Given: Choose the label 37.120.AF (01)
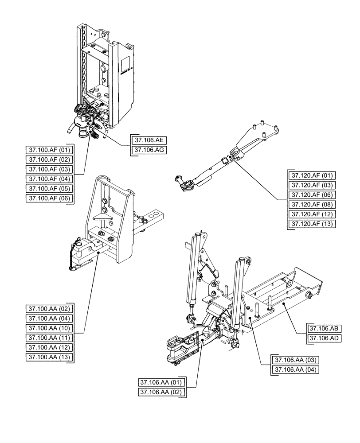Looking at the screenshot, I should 312,175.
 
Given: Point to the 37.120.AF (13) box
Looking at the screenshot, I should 312,224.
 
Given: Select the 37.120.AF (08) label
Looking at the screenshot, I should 312,204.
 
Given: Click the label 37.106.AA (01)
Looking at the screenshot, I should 162,382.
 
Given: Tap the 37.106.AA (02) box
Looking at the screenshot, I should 162,392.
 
